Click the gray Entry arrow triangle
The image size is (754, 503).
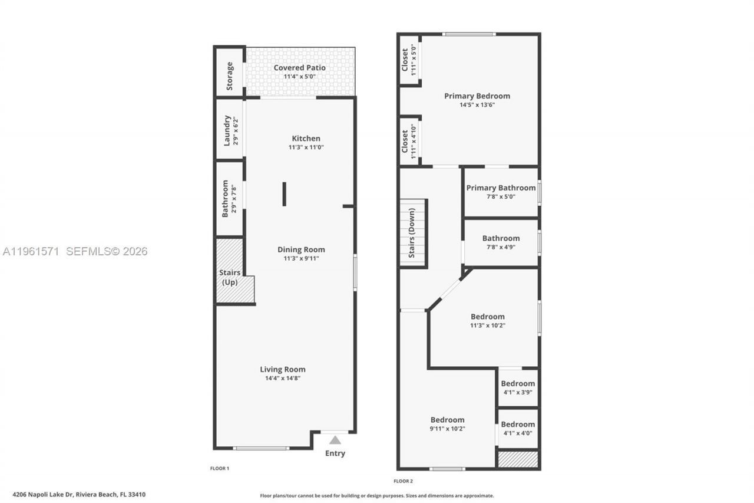pos(335,440)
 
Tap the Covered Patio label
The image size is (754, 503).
pos(299,68)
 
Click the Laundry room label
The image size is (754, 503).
pos(227,130)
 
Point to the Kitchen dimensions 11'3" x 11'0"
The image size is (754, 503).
pos(306,147)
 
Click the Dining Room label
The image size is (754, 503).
pos(301,249)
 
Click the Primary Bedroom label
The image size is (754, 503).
pos(477,96)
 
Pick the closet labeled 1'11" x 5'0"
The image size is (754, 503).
pos(409,60)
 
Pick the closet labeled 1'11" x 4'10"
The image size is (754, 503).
pos(409,142)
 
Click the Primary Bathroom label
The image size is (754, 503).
pos(501,188)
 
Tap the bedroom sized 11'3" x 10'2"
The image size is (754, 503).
pos(487,321)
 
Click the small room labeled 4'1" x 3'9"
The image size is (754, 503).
pos(518,387)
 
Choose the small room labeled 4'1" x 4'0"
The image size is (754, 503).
pos(518,428)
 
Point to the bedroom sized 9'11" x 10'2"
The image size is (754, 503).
pos(447,424)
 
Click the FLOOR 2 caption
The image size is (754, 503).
pos(404,481)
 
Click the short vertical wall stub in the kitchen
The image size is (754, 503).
pos(284,194)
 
